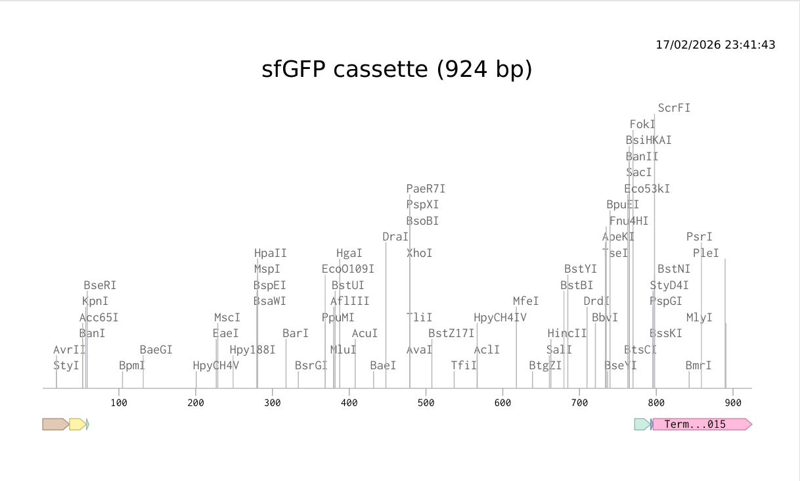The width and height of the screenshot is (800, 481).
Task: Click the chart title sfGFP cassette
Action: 397,69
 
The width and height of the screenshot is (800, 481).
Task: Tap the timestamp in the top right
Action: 715,45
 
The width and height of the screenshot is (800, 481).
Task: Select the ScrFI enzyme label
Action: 674,108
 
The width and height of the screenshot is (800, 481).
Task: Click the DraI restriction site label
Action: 395,237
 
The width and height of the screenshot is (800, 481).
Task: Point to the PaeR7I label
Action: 426,189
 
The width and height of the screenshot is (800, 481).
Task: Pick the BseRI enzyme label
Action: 100,285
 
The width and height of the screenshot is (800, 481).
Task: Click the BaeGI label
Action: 156,350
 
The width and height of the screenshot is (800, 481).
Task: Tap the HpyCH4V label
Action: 216,365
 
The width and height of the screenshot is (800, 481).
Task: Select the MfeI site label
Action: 526,301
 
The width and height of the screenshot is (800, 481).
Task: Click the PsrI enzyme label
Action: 700,237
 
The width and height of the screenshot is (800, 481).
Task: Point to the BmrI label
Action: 698,365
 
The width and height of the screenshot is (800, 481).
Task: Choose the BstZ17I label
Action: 451,333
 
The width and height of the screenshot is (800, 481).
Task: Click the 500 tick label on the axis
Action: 426,401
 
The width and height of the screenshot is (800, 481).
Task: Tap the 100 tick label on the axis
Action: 119,401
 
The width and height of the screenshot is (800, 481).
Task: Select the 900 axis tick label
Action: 733,401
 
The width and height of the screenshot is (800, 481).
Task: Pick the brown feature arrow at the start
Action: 55,424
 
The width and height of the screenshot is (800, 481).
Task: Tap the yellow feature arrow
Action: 77,424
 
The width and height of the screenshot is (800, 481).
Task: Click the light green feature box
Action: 642,424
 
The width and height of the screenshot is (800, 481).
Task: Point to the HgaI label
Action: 349,253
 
